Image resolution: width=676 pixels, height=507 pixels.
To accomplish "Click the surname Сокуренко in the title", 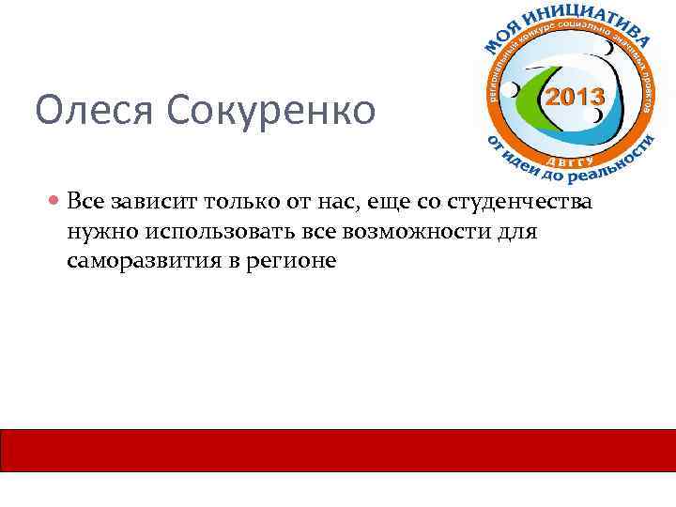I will point(273,111).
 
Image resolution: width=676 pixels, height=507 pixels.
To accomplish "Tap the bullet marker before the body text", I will point(57,202).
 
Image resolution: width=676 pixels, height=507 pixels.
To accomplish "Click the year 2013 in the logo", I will point(575,97).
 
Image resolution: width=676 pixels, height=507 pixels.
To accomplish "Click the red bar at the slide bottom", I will point(338,450).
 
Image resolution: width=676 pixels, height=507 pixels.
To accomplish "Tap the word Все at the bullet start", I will point(87,202).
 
